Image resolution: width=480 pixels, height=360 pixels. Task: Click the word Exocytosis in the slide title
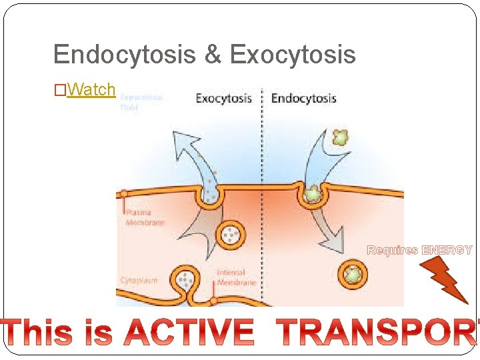point(293,55)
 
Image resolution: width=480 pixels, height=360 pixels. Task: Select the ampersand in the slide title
point(213,55)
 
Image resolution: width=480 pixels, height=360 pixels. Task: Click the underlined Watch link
point(92,89)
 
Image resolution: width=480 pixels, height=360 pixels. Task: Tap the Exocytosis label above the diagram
point(223,99)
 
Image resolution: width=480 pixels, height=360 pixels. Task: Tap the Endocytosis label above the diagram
point(303,99)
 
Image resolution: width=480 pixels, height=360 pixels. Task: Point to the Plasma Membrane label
point(145,217)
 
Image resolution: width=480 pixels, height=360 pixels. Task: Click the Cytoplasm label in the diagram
point(139,280)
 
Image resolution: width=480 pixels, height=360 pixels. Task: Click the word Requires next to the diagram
point(393,251)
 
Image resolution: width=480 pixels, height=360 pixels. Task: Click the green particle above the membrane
point(341,138)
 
